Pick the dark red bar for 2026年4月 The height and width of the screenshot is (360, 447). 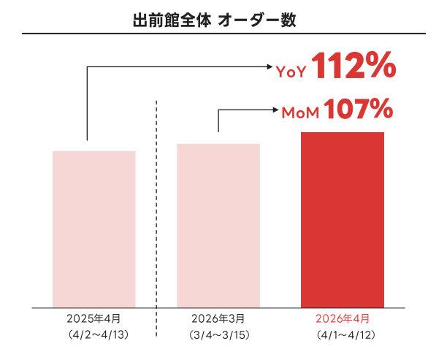343,219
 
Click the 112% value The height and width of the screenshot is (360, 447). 354,68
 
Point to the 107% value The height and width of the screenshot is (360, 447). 358,110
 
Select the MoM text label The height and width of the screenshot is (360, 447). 301,113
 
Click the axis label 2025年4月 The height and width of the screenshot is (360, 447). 94,319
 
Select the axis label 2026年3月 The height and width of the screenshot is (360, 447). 218,319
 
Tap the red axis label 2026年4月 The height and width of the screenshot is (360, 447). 343,319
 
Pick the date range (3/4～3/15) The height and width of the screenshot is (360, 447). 218,335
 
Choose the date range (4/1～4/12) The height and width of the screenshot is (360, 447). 343,335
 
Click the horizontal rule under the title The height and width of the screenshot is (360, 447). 223,34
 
